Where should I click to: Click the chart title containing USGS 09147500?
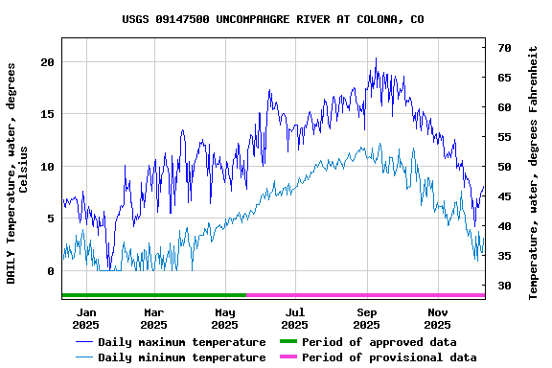(273, 19)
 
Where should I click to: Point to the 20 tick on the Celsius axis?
(48, 62)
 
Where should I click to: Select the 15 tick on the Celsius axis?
(48, 114)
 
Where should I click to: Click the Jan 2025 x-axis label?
(86, 318)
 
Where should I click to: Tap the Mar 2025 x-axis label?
(154, 318)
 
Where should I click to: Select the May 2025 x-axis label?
(225, 318)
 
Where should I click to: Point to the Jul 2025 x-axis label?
(295, 318)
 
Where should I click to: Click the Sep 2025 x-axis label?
(367, 318)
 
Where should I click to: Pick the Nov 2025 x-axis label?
(437, 318)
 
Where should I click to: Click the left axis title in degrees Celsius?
(17, 172)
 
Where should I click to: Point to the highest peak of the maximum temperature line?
(376, 58)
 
